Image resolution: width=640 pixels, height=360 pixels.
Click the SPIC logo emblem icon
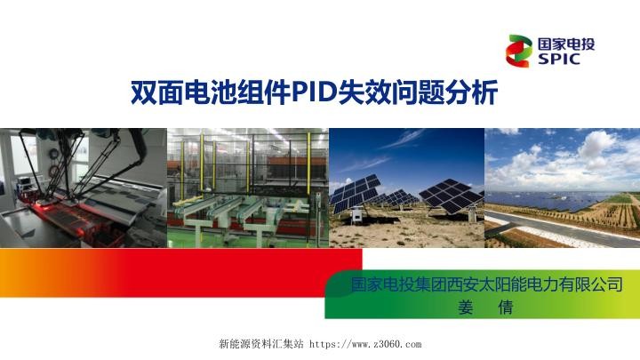[521, 51]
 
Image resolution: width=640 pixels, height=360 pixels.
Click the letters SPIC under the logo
[558, 60]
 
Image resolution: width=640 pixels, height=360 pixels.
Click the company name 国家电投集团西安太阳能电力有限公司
[485, 287]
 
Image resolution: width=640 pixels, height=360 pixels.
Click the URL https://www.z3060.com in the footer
[370, 343]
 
